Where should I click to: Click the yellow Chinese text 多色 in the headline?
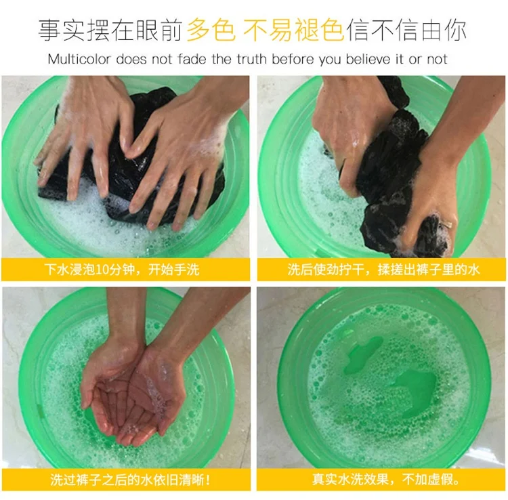(211, 30)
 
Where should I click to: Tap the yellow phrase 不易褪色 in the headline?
(293, 30)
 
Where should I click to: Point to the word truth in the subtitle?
(253, 60)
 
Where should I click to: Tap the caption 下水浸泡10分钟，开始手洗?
(122, 270)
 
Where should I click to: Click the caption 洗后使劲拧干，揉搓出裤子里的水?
(383, 270)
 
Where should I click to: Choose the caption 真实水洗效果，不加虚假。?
(386, 479)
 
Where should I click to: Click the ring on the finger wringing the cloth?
(448, 224)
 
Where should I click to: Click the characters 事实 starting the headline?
(62, 30)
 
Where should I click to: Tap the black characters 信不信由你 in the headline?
(406, 30)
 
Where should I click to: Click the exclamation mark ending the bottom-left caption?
(208, 480)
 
